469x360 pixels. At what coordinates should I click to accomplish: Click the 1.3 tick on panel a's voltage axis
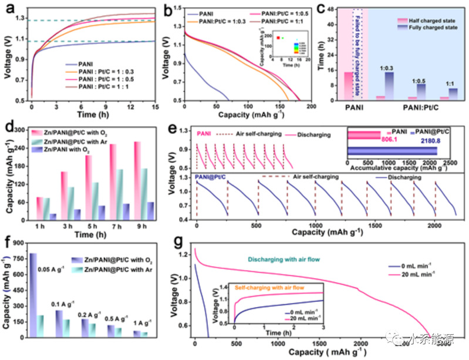21,20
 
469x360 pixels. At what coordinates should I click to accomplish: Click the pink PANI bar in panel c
349,86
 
